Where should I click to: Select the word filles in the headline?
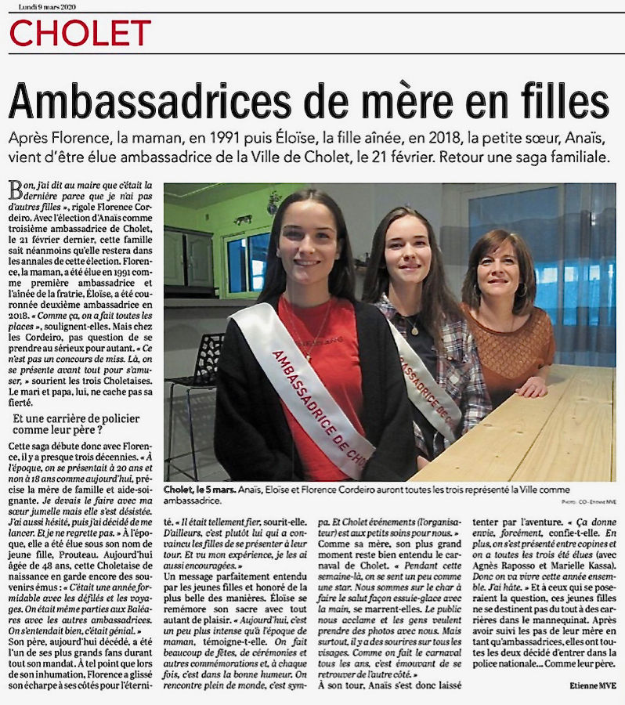tap(559, 100)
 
